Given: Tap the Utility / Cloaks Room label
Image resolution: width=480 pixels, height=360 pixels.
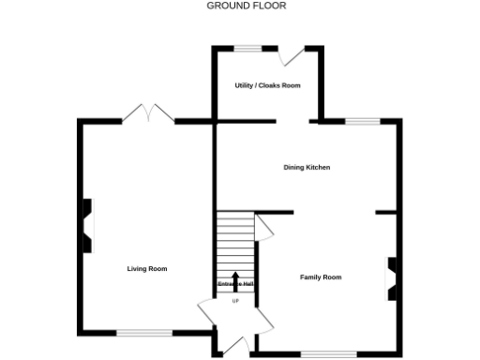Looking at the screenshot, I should (267, 85).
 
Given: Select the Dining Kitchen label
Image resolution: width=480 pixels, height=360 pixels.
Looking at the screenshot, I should (307, 168).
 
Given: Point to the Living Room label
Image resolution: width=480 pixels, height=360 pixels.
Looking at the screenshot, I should (147, 269).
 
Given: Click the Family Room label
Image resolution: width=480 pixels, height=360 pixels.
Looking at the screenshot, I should (321, 277).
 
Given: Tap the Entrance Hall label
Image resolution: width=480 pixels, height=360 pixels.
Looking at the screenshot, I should (235, 284).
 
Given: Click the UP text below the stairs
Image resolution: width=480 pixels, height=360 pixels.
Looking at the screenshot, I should (235, 301).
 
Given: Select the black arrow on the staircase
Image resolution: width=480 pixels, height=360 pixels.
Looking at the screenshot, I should (235, 279).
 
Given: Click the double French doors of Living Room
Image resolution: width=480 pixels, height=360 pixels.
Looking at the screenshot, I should (148, 113).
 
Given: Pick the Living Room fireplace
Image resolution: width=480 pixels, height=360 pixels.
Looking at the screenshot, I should (86, 226).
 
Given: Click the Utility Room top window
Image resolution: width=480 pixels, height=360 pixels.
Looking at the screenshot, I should (247, 49).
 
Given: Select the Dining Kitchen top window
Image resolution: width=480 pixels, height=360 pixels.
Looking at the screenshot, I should (362, 121).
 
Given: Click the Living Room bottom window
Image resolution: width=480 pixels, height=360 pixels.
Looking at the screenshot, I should (144, 332).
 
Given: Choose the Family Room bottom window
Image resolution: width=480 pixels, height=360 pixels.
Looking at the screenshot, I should (329, 353).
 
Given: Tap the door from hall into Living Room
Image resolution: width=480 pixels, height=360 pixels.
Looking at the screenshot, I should (207, 312).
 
